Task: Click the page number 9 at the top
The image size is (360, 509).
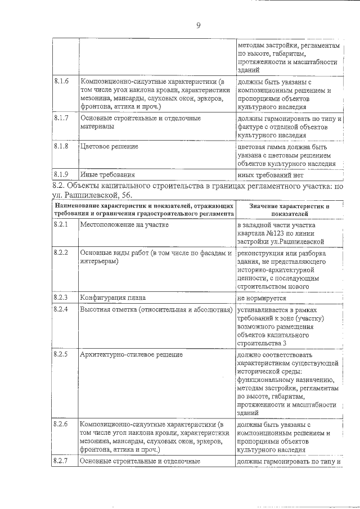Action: point(198,25)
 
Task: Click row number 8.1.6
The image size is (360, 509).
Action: point(61,82)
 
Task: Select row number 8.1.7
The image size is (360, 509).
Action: point(61,118)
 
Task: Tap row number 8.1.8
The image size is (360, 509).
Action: point(61,146)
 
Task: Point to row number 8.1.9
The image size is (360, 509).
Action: point(61,174)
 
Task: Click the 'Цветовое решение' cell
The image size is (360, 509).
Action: point(110,147)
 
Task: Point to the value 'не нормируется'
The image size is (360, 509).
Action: point(262,298)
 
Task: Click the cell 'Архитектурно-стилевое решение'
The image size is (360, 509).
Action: point(131,355)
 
